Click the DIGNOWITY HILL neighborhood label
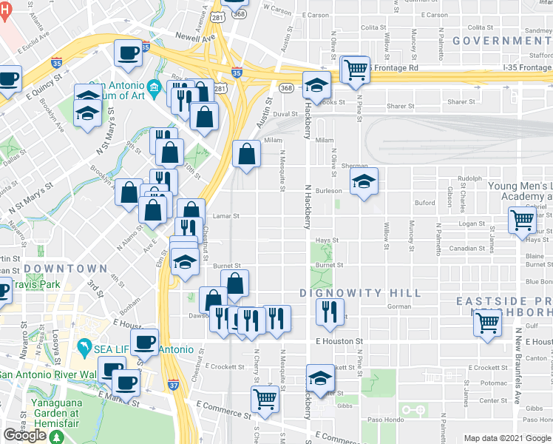point(360,293)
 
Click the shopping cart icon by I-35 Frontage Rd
point(356,70)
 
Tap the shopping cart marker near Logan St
point(522,219)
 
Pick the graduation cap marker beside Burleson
point(364,181)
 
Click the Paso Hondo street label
point(384,420)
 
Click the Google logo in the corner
point(24,435)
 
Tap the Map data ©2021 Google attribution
point(506,438)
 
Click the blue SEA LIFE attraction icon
point(86,346)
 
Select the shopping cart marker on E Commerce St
point(265,399)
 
